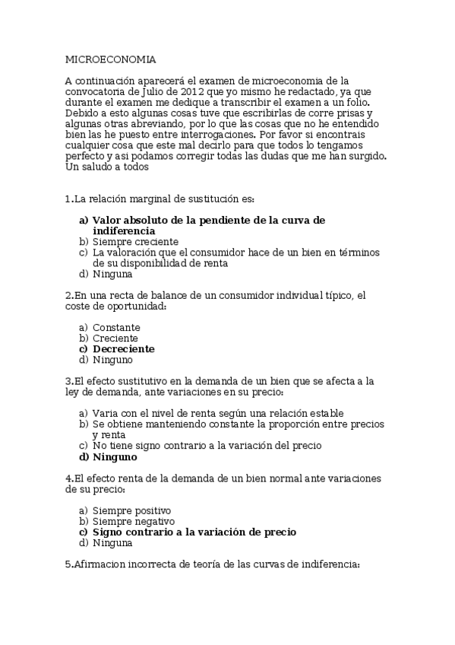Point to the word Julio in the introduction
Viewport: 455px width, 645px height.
153,91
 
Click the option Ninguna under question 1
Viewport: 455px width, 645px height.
112,273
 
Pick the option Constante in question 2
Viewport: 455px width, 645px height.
116,327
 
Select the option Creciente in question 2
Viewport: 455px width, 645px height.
115,338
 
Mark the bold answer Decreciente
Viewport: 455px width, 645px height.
124,348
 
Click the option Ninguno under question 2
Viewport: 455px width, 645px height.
112,359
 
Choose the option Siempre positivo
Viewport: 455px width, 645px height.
131,510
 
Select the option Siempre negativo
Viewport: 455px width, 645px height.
134,522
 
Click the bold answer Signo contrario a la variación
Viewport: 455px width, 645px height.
194,532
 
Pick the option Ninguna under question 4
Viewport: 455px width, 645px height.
112,543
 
